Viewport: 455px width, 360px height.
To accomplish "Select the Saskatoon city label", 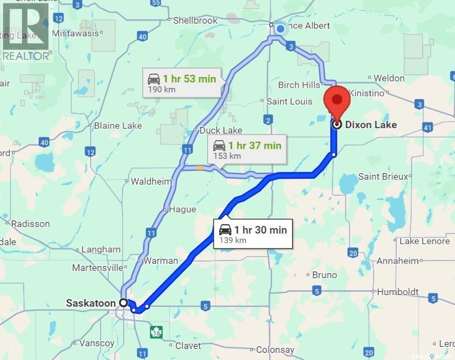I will coord(91,303).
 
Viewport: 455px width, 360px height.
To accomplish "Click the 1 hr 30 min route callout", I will coord(253,234).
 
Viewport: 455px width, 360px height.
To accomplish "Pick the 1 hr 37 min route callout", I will coord(247,150).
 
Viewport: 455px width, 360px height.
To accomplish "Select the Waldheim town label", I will coord(151,181).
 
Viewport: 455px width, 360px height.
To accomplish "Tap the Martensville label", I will coord(97,268).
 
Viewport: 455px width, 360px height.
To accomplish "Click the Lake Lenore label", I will coord(424,241).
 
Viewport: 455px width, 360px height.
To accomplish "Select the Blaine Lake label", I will coord(118,125).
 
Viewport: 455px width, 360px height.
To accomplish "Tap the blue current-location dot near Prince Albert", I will coord(280,29).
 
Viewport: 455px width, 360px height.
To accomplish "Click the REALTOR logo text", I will coord(27,55).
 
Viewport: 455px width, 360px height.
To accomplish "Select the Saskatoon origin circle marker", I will coord(124,302).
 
